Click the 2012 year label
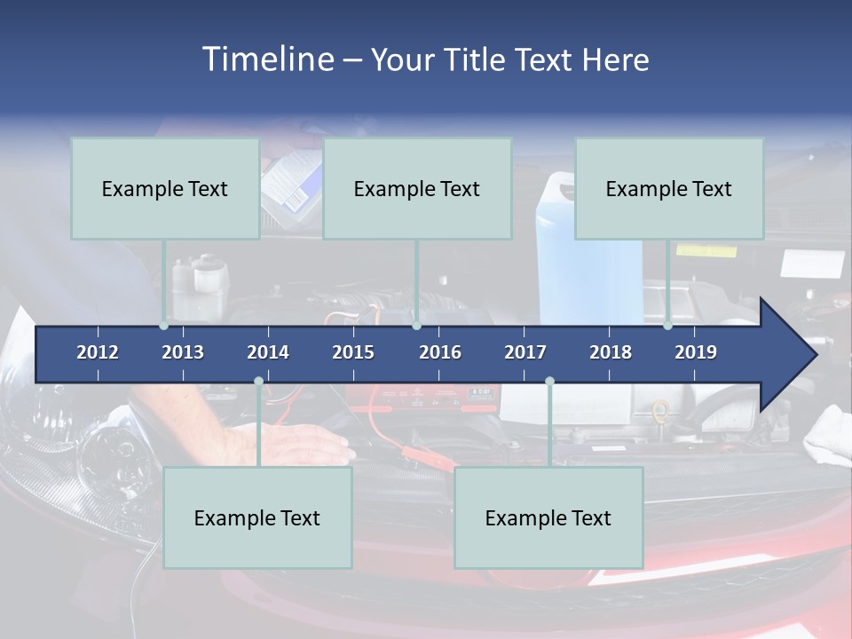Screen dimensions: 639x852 point(98,352)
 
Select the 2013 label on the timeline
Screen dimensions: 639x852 point(183,352)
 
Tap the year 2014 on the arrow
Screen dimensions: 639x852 point(268,352)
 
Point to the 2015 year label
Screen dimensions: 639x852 point(353,352)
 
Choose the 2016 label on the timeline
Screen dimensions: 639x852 point(440,352)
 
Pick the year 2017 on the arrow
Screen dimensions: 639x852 point(525,352)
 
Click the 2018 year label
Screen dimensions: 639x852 point(611,352)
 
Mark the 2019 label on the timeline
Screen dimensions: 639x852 point(696,352)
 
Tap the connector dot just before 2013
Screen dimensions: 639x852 point(164,326)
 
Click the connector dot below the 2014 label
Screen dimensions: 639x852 point(258,382)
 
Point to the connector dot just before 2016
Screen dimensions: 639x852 point(416,326)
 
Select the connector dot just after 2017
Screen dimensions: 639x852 point(549,382)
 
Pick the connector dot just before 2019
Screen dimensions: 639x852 point(668,326)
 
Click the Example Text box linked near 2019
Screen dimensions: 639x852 point(668,188)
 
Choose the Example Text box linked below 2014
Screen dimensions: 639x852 point(257,517)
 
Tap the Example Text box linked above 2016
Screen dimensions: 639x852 point(416,188)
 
